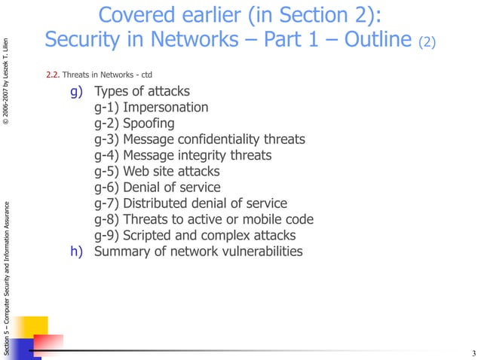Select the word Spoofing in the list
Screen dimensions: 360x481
click(149, 124)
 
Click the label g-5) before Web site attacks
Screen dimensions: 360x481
click(107, 172)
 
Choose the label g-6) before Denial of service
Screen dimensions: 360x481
click(107, 188)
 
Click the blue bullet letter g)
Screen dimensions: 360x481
click(75, 92)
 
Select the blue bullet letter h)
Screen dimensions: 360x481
click(75, 252)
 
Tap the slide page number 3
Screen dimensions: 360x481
click(473, 354)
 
